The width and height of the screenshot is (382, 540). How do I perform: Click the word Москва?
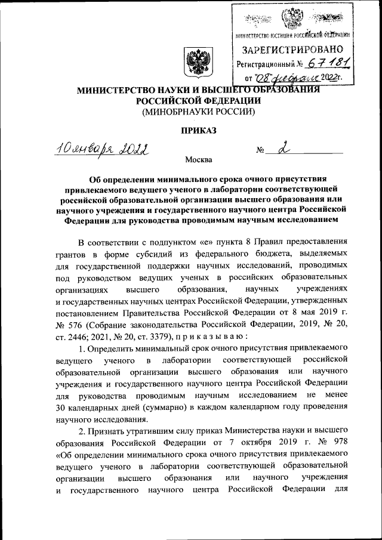click(x=198, y=160)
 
